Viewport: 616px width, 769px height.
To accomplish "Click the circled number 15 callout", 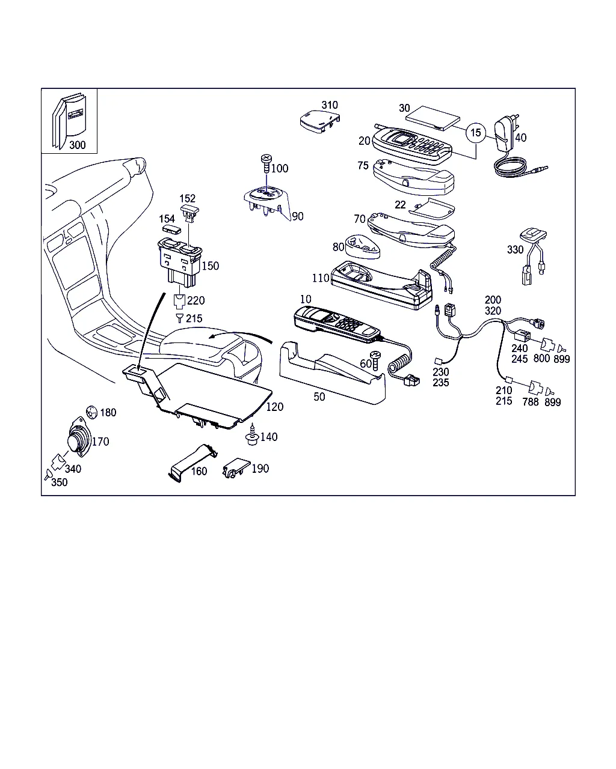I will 476,132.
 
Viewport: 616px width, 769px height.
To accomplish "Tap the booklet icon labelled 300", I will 70,121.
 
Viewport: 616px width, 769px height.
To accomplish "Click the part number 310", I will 330,105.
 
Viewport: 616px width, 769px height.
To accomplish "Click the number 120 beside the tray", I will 274,407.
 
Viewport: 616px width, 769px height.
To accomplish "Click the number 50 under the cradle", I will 319,397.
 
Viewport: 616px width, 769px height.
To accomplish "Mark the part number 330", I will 515,249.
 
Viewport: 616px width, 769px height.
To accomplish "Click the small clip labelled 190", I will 236,469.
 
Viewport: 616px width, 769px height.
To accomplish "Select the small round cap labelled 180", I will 92,412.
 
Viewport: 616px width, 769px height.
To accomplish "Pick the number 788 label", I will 530,402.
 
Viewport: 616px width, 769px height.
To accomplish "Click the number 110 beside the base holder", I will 321,278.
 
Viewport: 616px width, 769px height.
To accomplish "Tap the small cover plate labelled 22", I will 431,207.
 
